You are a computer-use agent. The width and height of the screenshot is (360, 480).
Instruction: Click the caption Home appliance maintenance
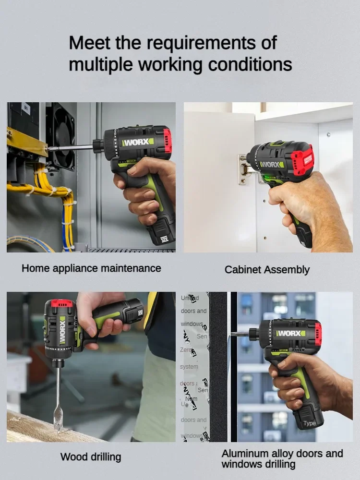[x=91, y=268]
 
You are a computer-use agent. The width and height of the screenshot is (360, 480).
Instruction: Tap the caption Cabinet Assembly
[x=267, y=270]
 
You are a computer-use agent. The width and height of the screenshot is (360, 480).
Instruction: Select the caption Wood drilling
[x=91, y=456]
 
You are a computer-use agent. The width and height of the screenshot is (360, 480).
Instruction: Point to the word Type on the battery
[x=310, y=423]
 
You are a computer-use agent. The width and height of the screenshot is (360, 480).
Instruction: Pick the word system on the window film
[x=189, y=367]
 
